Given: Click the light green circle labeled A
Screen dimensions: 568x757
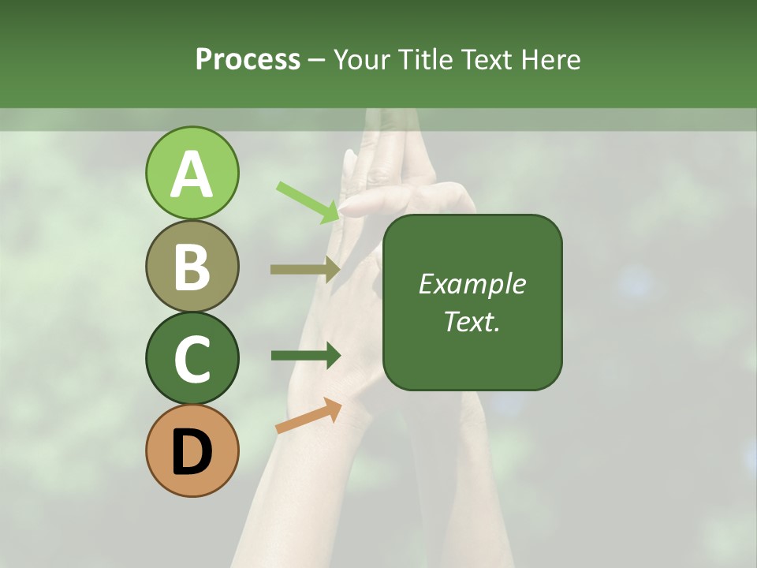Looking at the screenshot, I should [192, 173].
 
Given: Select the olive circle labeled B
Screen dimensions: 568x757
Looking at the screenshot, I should [192, 266].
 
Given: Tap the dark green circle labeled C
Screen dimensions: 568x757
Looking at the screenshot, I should [192, 358].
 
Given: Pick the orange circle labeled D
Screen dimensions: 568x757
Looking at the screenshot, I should [192, 450].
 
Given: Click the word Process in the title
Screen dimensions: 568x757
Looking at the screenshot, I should [248, 59].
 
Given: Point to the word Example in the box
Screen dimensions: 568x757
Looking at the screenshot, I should [472, 284].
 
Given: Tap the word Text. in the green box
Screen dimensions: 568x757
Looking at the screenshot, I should [472, 321].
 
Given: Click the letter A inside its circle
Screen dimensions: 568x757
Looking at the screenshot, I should [192, 174].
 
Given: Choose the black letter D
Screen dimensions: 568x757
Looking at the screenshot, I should [192, 452].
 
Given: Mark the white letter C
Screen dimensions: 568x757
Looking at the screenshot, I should [192, 360].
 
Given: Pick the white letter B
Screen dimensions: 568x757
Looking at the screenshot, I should [192, 267].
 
